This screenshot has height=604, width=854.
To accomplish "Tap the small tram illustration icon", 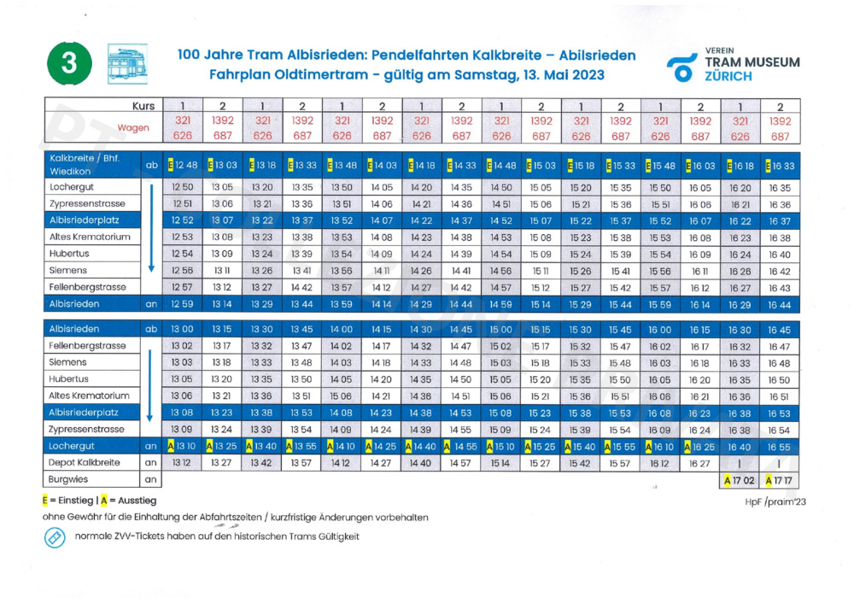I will pos(127,64).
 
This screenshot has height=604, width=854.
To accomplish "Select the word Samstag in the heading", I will pos(478,74).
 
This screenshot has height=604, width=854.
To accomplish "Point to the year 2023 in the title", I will pos(582,74).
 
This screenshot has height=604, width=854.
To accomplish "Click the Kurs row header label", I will pos(145,106).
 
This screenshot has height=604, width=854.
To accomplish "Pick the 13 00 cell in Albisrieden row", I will pos(184,329).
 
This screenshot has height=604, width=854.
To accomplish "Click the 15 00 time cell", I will pos(501,329).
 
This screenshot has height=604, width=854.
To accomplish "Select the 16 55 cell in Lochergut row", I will pos(779,446).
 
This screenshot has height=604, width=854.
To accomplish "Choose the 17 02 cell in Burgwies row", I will pos(739,481).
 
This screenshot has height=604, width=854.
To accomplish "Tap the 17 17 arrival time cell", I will pos(779,481).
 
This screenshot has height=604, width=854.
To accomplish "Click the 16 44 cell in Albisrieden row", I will pos(779,304).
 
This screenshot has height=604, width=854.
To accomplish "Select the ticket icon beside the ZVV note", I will pos(55,537).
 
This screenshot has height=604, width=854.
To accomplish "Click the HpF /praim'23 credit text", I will pos(775,502).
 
